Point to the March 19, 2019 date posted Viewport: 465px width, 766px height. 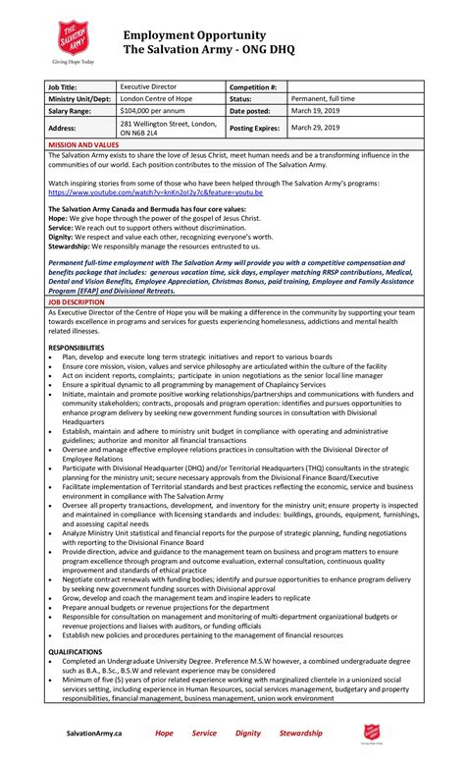click(x=314, y=111)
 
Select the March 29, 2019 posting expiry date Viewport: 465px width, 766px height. click(x=314, y=128)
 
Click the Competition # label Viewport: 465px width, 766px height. click(x=253, y=87)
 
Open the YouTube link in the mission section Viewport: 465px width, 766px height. click(x=154, y=192)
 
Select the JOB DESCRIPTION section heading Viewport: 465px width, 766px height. click(x=77, y=303)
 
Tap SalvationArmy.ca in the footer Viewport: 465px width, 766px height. click(x=94, y=733)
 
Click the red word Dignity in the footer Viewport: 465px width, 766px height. click(x=248, y=733)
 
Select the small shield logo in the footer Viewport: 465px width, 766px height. click(x=371, y=734)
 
